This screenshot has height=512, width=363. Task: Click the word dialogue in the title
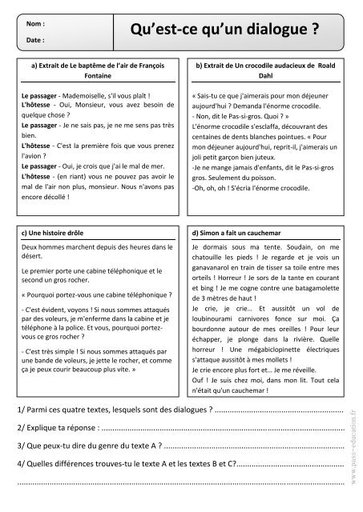pos(271,31)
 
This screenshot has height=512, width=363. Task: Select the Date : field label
pos(34,38)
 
